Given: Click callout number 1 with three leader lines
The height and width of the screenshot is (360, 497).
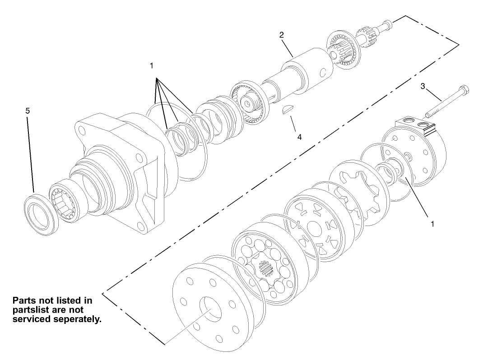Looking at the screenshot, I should pos(152,65).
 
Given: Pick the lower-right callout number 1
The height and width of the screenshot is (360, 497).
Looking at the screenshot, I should pos(432,224).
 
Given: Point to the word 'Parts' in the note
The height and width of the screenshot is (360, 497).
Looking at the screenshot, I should pos(25,300).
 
